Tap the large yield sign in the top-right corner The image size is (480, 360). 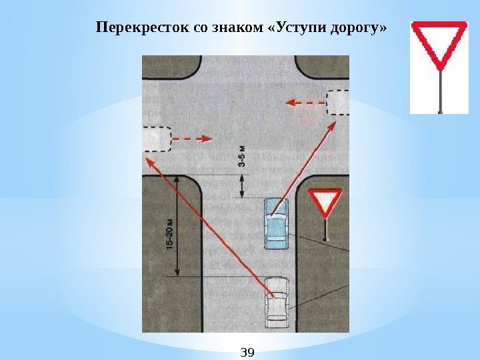pos(439,44)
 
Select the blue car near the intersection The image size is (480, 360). pos(275,223)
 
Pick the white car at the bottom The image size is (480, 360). pos(276,302)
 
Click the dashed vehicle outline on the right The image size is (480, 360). pos(338,102)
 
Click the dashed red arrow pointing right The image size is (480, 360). pos(193,139)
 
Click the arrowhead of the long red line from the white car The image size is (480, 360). pos(149,160)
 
